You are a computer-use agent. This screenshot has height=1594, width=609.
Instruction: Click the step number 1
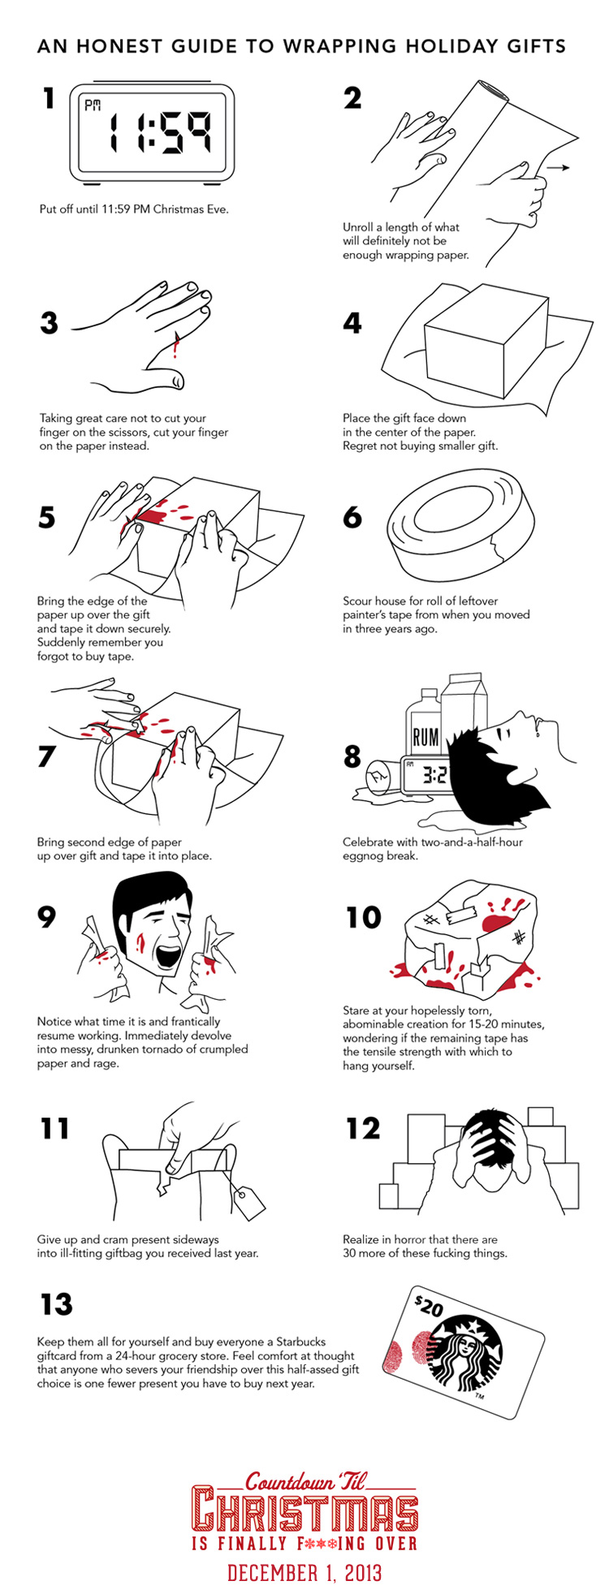coord(50,99)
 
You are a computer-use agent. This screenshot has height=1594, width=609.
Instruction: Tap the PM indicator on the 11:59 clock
coord(93,106)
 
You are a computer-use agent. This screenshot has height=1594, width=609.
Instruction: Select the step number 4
coord(352,323)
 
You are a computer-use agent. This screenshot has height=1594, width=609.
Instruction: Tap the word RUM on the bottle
coord(425,738)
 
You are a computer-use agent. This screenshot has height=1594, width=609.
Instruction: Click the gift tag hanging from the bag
coord(248,1199)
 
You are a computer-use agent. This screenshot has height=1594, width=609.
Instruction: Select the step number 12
coord(362,1128)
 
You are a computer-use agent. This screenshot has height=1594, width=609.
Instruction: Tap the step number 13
coord(56,1304)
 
